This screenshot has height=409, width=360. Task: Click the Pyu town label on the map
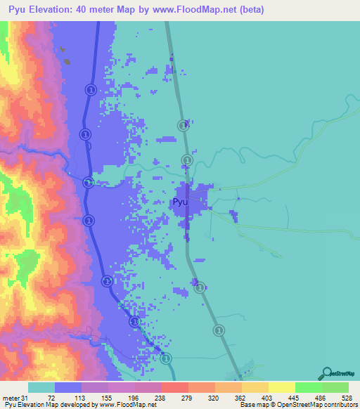pos(180,202)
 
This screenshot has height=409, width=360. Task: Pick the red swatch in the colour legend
pos(174,387)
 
